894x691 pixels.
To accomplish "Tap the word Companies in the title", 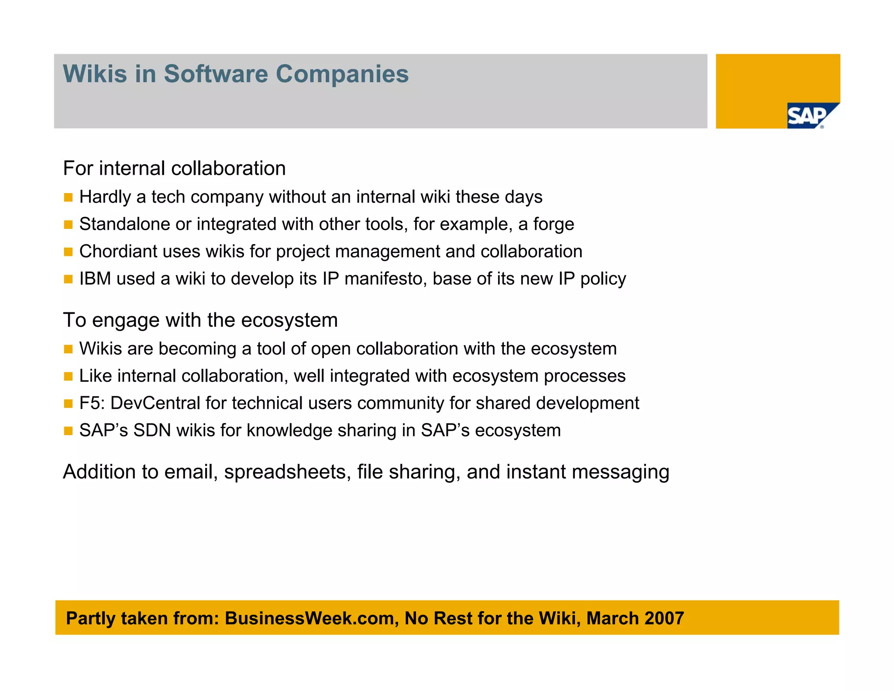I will coord(342,74).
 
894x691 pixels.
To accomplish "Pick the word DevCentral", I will coord(155,403).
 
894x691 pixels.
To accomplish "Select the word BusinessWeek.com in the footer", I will coord(311,618).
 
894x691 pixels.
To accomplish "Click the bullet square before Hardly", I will coord(68,197).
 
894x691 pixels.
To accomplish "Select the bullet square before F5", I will coord(68,404).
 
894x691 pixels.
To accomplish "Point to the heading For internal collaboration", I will coord(174,169).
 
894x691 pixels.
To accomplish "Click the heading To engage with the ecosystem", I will coord(200,320).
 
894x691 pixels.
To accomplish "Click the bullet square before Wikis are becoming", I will coord(68,349).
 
